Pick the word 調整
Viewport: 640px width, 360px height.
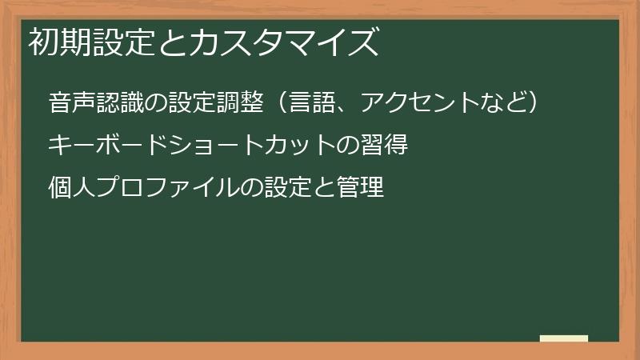tap(239, 103)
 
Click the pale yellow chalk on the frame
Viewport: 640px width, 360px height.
tap(564, 338)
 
